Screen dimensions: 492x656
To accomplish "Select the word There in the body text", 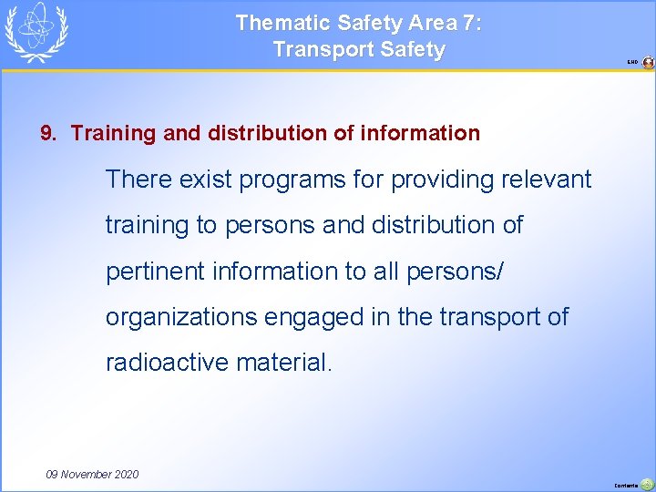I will click(137, 179).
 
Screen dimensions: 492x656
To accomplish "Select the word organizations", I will click(180, 317).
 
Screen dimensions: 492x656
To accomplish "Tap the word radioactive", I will click(167, 363).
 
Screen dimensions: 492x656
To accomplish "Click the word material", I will click(285, 363).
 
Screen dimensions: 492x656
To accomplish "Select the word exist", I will click(205, 179).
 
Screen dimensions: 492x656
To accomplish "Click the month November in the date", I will click(88, 474).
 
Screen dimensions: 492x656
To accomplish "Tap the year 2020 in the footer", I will click(127, 474).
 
